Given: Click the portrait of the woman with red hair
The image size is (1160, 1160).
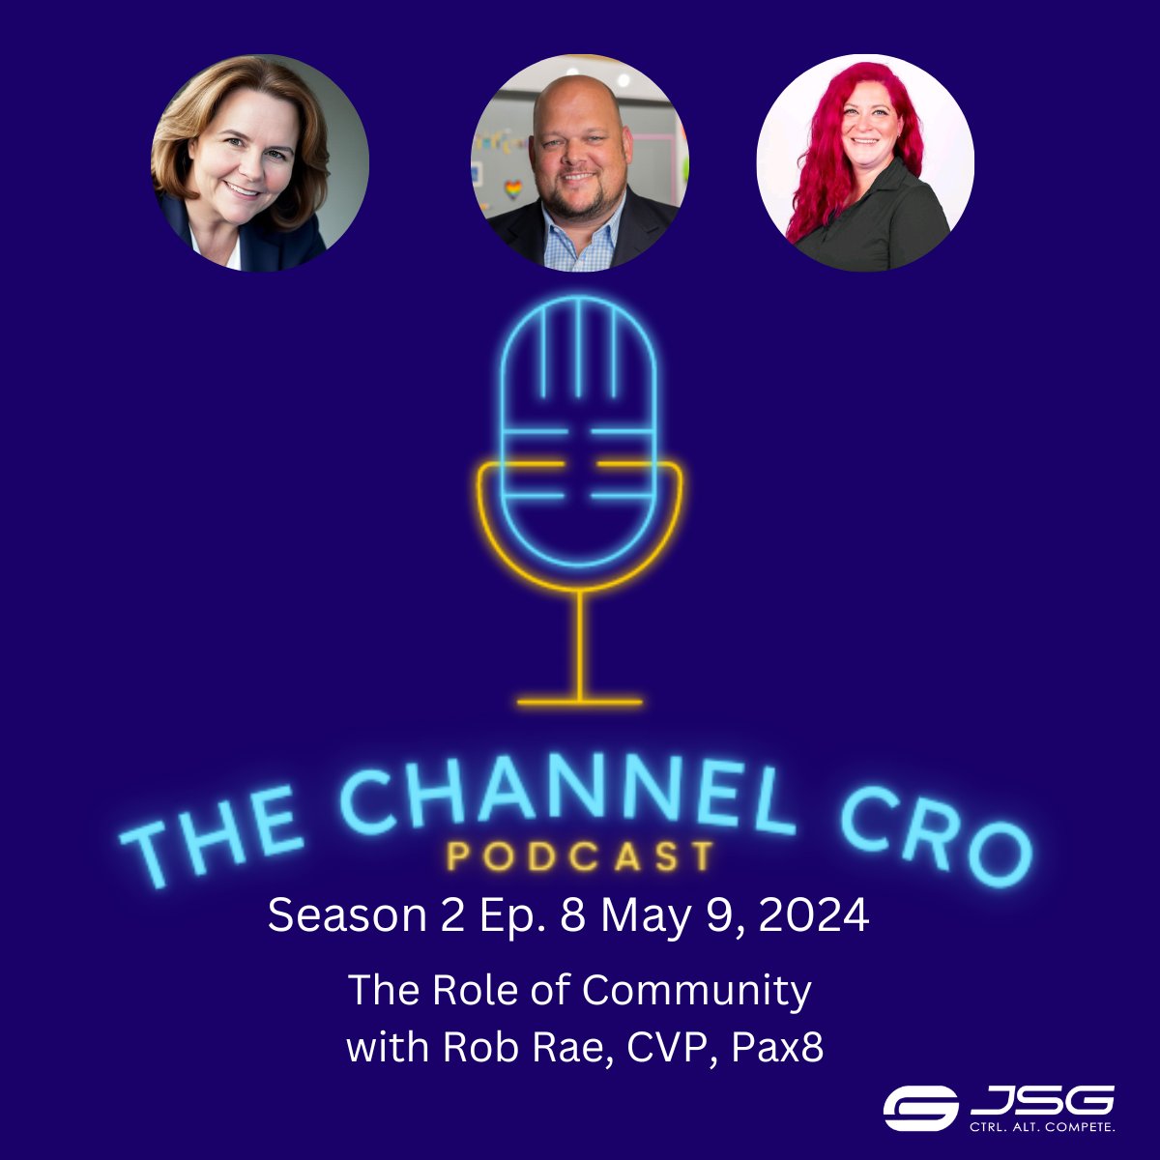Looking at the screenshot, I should [x=865, y=162].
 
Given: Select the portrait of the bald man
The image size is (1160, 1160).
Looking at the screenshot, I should [x=580, y=162].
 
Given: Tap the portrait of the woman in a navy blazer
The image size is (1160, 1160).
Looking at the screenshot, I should [x=259, y=162].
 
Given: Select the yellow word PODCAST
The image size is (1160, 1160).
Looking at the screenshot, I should [x=581, y=857].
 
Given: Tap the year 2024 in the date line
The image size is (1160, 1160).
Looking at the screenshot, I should [x=814, y=915].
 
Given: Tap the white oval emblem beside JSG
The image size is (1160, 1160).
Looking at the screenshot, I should [x=919, y=1108].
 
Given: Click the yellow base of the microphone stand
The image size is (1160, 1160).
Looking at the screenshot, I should [x=580, y=701].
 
